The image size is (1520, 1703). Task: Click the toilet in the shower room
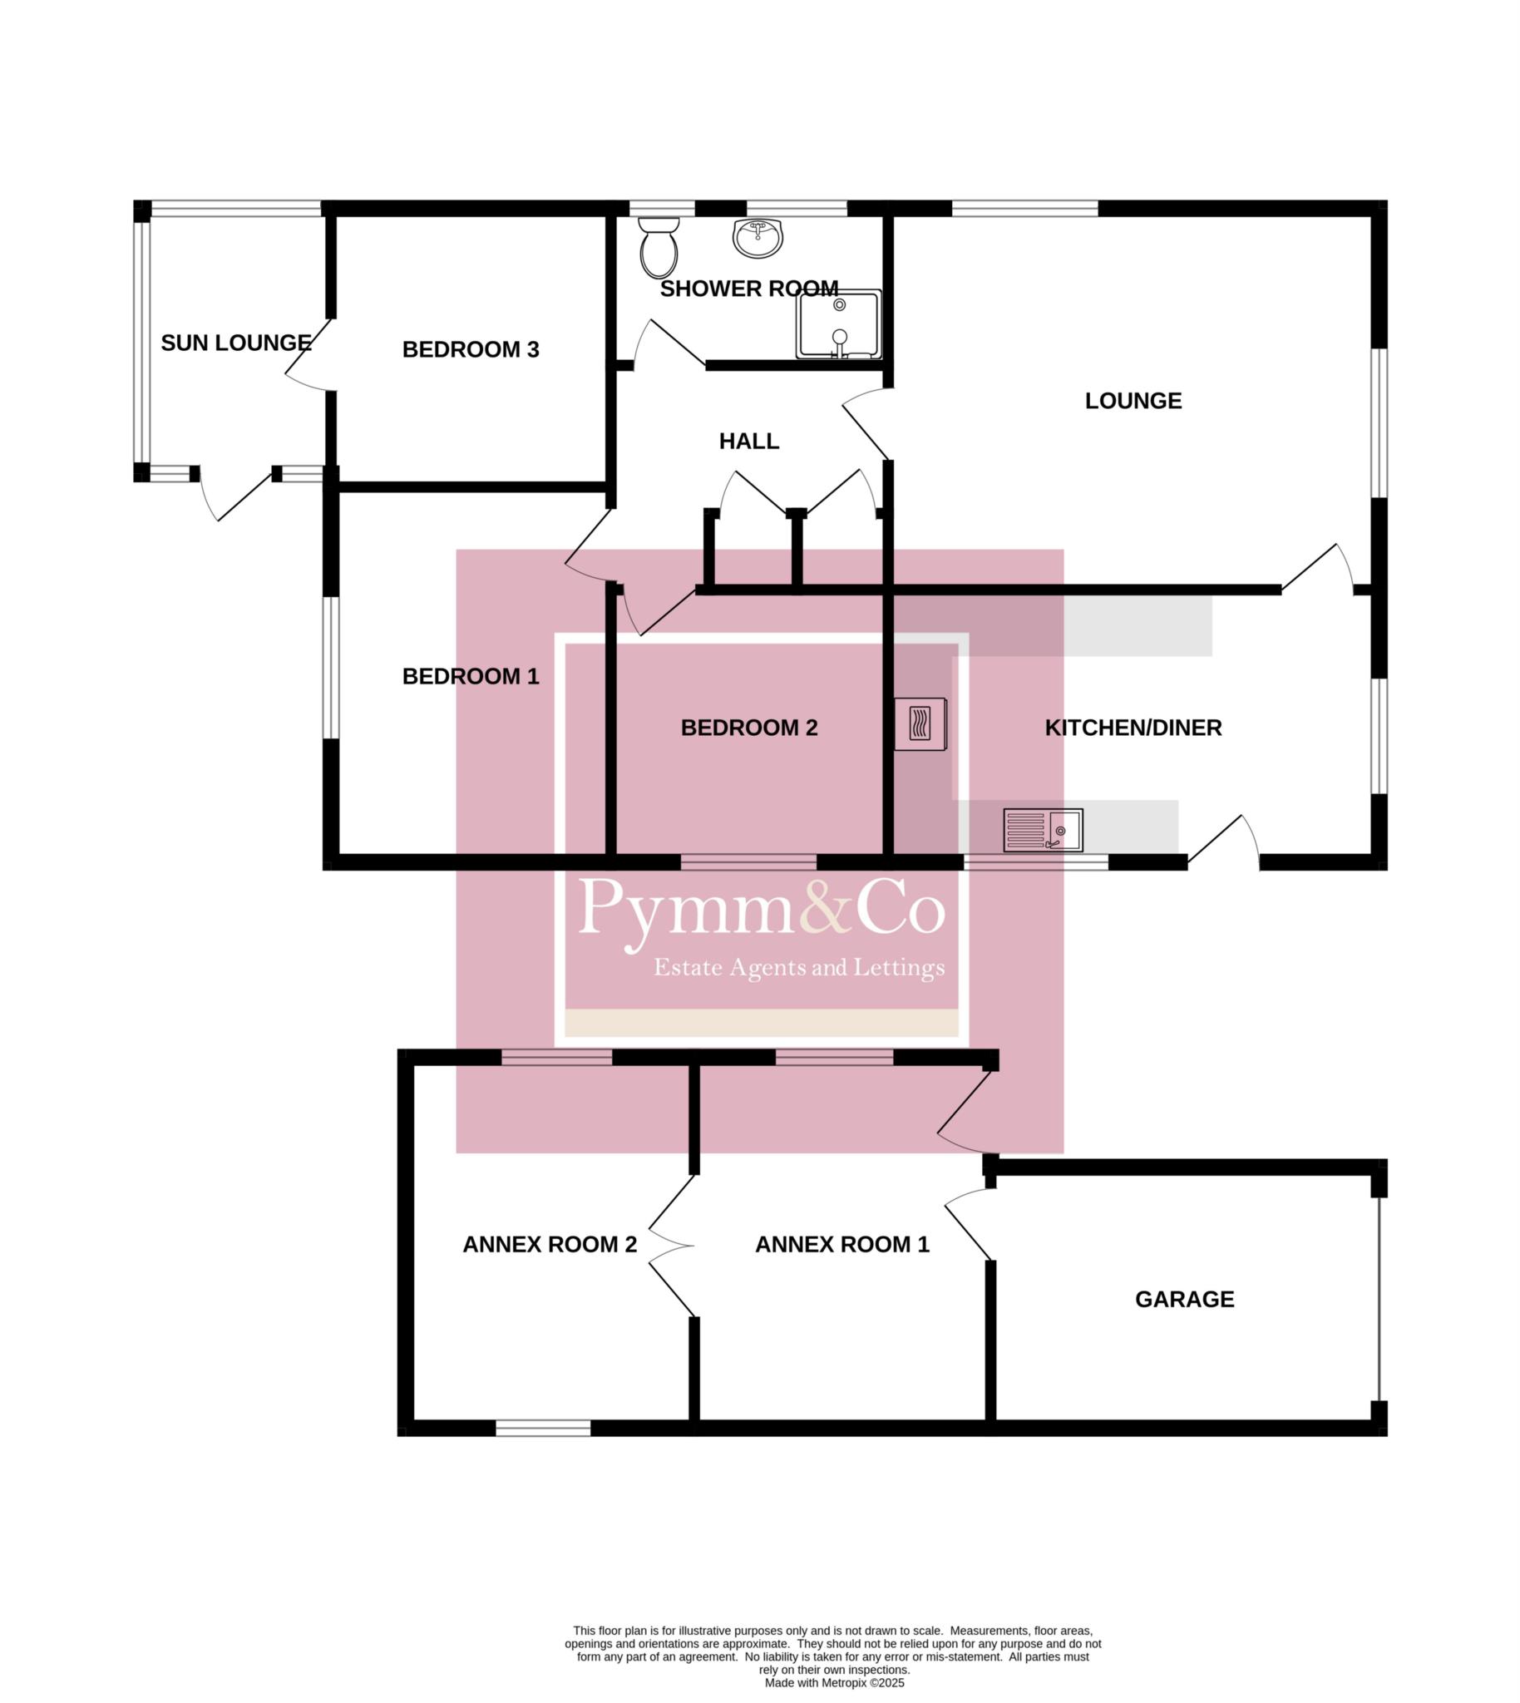click(659, 247)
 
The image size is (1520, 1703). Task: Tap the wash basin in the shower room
click(758, 238)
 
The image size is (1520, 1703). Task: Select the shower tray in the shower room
click(838, 324)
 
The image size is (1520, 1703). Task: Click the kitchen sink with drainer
click(1043, 830)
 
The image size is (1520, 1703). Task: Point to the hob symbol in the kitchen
click(920, 723)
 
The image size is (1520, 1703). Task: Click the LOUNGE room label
click(1133, 401)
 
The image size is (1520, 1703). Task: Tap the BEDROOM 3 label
click(471, 349)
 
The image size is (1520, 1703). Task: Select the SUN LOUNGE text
click(236, 343)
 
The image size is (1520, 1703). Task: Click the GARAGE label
click(1184, 1299)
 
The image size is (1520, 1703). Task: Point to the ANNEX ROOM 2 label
click(550, 1245)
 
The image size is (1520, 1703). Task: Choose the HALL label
click(749, 441)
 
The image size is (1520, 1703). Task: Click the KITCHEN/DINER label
click(1133, 728)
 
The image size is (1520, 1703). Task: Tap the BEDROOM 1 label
click(471, 676)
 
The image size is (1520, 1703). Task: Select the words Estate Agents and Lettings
click(799, 968)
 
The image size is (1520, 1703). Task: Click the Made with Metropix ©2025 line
click(834, 1683)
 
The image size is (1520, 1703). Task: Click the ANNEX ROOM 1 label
click(841, 1245)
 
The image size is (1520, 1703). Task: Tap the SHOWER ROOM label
click(749, 289)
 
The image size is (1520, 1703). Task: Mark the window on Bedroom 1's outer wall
click(332, 668)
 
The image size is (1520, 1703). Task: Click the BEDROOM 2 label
click(749, 728)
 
